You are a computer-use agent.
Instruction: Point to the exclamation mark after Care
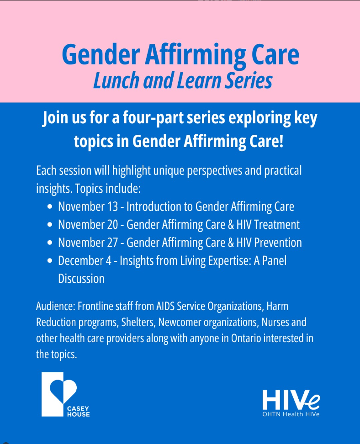[281, 141]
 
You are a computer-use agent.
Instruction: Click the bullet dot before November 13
[50, 206]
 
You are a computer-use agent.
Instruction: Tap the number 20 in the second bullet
[112, 225]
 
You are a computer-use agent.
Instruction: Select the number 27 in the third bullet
[112, 243]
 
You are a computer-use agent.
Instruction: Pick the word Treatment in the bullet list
[277, 225]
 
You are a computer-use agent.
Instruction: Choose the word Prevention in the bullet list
[278, 243]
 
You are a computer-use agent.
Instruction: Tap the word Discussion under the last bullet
[81, 279]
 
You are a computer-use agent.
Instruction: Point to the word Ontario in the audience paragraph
[246, 338]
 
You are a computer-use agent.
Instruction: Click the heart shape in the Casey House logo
[63, 390]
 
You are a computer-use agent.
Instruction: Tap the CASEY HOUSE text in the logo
[79, 412]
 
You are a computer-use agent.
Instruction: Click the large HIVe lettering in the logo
[291, 400]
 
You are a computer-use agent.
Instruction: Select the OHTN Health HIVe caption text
[291, 414]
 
